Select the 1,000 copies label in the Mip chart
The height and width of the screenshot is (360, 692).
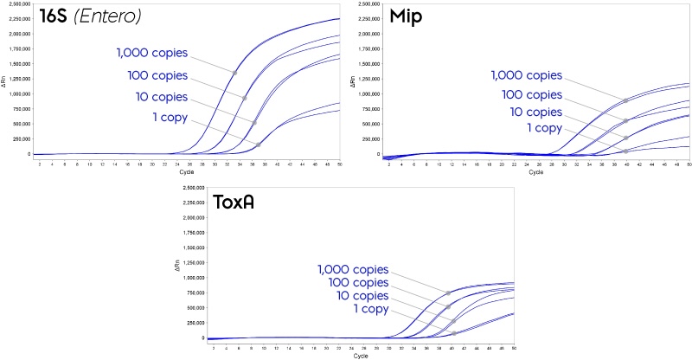pyautogui.click(x=527, y=75)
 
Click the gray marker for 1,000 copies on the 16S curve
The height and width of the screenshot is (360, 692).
pyautogui.click(x=234, y=72)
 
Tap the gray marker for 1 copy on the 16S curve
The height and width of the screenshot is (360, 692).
pyautogui.click(x=259, y=145)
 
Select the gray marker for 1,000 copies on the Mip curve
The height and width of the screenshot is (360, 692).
pyautogui.click(x=625, y=100)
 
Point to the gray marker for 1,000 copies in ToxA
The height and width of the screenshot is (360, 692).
pyautogui.click(x=448, y=294)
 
